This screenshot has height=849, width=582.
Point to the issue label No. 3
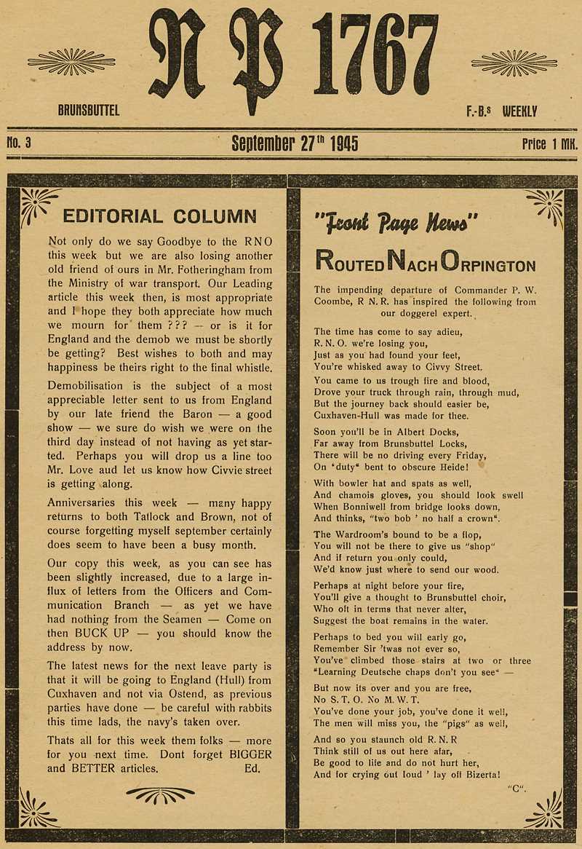(19, 143)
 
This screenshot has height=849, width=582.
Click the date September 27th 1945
(295, 143)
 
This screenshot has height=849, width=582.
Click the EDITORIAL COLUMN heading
(160, 216)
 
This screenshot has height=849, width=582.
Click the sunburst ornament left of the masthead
(71, 62)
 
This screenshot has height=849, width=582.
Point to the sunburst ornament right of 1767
(514, 63)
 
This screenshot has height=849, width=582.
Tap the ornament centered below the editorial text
(160, 795)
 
